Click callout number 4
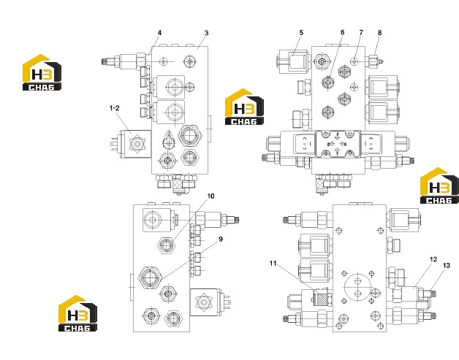(159, 33)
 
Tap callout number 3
(206, 33)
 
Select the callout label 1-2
(115, 108)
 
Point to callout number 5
(301, 32)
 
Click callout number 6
(343, 32)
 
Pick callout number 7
(361, 32)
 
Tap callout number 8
(379, 32)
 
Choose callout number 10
(210, 196)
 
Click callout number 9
(221, 239)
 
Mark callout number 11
(273, 263)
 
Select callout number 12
(433, 259)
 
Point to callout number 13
(446, 265)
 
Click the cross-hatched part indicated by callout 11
(322, 299)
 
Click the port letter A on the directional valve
(345, 144)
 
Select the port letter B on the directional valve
(329, 144)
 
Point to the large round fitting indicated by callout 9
(150, 277)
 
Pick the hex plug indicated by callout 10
(166, 244)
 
